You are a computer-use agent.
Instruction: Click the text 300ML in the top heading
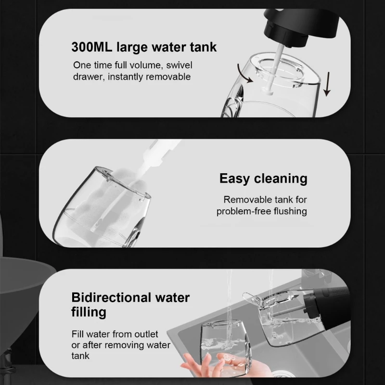[92, 47]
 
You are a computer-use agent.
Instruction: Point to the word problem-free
[243, 211]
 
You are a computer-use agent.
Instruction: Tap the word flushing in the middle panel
[290, 211]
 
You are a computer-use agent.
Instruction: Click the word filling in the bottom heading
[89, 312]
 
